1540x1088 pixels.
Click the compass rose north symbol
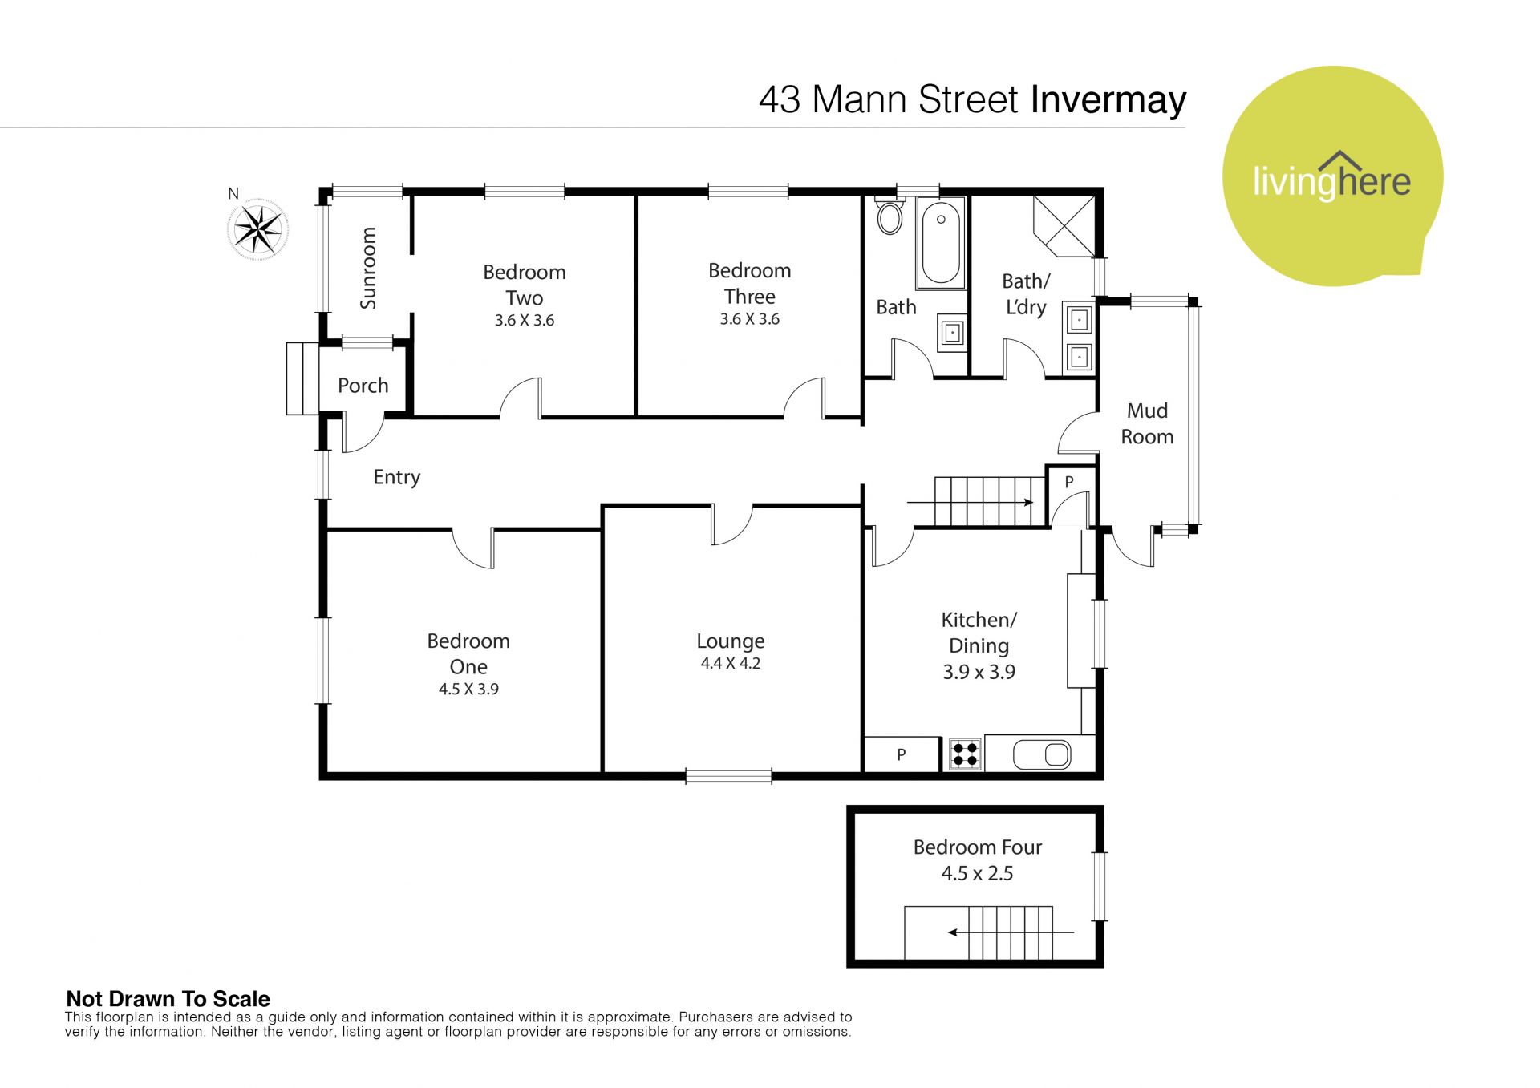258,229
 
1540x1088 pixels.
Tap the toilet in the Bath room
889,213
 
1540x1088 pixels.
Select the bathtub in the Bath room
941,243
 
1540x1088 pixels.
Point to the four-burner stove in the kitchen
965,754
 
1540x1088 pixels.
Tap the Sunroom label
368,268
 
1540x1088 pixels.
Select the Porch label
363,386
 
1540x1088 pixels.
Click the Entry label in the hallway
397,477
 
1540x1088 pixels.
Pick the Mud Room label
1147,423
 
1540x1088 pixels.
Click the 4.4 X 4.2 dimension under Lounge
730,663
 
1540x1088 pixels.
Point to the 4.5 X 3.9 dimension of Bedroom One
468,689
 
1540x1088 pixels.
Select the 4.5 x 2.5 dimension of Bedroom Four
977,873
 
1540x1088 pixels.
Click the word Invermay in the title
1108,100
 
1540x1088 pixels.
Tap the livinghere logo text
1331,180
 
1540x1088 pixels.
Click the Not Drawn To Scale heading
168,999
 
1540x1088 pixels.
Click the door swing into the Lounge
732,526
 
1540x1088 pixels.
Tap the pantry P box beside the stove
901,754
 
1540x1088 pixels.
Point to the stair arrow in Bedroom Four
1011,932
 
